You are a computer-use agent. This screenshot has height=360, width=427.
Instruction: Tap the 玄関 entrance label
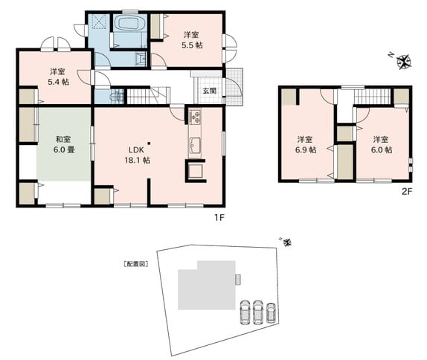point(210,91)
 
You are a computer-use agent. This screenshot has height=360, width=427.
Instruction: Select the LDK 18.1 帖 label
point(137,155)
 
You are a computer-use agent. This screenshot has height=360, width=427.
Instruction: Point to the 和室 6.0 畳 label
point(64,144)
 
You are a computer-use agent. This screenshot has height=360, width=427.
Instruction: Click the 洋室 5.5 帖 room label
point(192,39)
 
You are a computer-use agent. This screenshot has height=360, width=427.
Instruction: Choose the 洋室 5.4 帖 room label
point(58,77)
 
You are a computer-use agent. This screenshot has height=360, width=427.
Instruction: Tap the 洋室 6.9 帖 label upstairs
point(306,144)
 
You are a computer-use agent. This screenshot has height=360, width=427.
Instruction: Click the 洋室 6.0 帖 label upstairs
point(382,144)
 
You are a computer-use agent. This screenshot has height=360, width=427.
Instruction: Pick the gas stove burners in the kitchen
point(195,117)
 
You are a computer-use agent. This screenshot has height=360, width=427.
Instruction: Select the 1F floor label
point(219,217)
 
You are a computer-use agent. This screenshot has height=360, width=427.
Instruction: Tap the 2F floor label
point(407,192)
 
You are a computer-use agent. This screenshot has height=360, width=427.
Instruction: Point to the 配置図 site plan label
point(135,264)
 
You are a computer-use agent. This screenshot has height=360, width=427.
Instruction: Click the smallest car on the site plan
point(271,313)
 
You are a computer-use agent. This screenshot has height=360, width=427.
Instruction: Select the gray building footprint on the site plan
point(207,286)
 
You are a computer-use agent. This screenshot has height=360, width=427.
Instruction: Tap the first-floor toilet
point(117,96)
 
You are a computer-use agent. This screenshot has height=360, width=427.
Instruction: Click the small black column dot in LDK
point(149,144)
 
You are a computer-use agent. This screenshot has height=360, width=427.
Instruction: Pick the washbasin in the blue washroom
point(141,58)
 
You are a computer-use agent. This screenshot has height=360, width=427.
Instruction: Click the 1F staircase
point(147,95)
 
